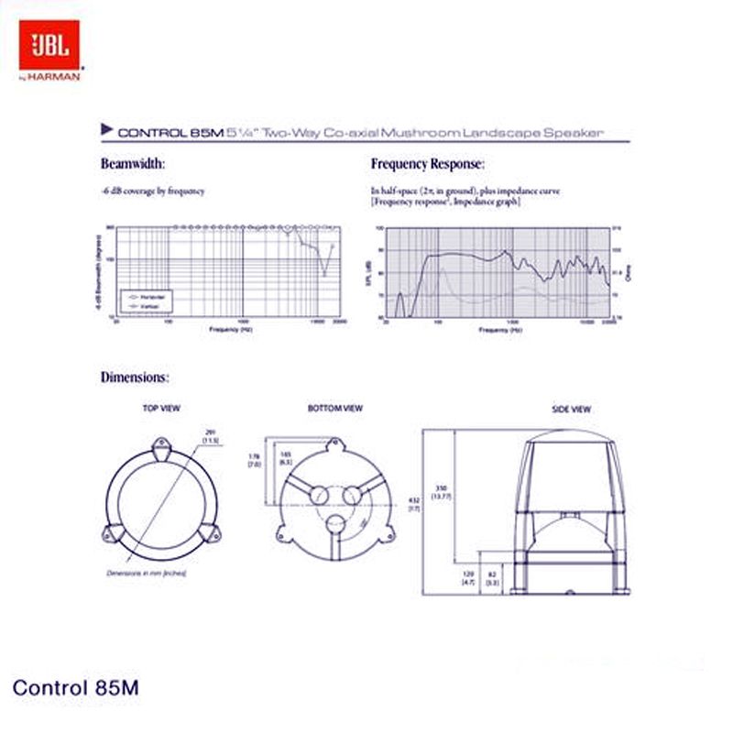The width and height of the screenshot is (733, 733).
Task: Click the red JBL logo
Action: point(50,45)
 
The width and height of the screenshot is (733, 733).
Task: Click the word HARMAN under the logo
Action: point(57,77)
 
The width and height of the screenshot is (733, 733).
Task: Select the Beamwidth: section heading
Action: point(132,164)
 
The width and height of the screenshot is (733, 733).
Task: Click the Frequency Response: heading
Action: point(427,164)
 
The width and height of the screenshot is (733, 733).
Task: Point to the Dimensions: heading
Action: point(134,377)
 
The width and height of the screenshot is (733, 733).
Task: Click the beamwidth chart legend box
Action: point(146,300)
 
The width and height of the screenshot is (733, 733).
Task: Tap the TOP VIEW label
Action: point(161,408)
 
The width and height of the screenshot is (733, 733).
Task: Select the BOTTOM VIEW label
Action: point(335,408)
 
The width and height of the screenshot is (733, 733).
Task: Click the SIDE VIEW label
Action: point(571,408)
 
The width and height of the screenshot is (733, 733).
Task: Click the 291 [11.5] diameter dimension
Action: point(210,436)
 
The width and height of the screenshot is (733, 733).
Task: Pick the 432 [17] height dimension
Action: point(413,502)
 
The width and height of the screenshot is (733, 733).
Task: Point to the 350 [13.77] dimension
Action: point(443,491)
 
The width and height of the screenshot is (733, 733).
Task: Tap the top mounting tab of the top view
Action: point(161,449)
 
